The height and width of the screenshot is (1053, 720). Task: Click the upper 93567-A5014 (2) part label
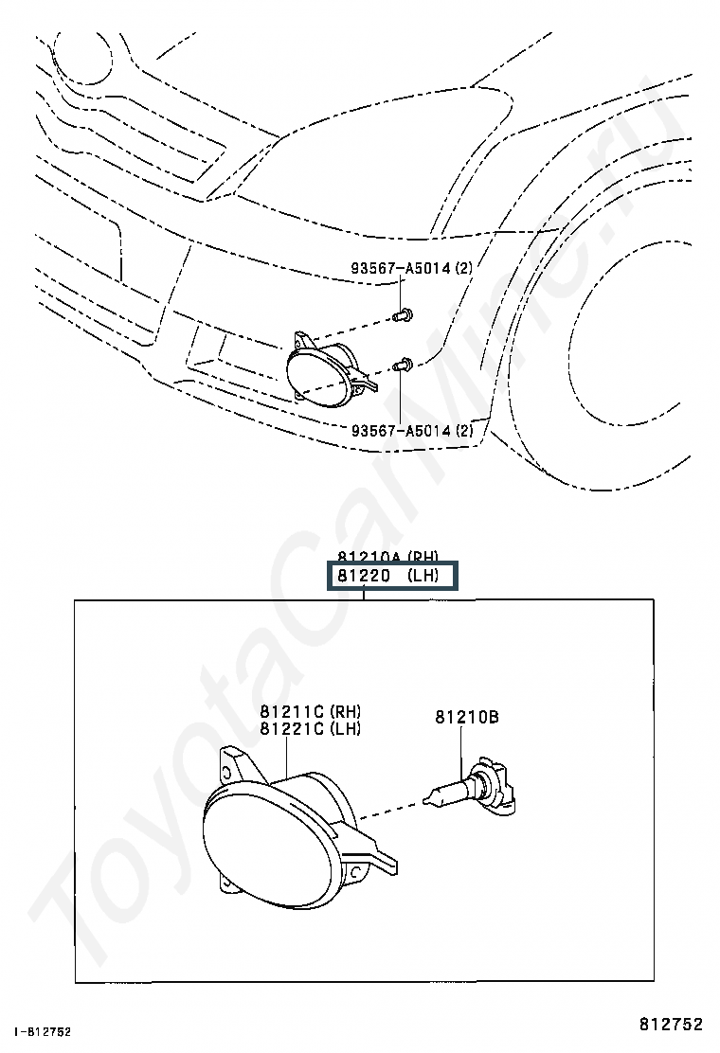[411, 269]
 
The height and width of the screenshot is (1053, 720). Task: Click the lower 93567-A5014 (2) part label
[411, 431]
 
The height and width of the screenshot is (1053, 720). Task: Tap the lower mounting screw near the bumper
[405, 362]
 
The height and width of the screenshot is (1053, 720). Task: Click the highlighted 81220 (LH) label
[391, 576]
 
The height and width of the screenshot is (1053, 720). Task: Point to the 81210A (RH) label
[388, 557]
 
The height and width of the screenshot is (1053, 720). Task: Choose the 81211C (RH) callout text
[311, 712]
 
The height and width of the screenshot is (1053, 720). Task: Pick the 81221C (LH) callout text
[311, 728]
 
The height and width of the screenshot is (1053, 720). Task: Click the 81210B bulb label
[467, 718]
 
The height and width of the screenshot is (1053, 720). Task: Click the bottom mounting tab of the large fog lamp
[226, 883]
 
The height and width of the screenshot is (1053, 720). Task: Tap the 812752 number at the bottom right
[670, 1024]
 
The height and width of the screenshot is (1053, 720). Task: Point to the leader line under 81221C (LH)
[286, 758]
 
